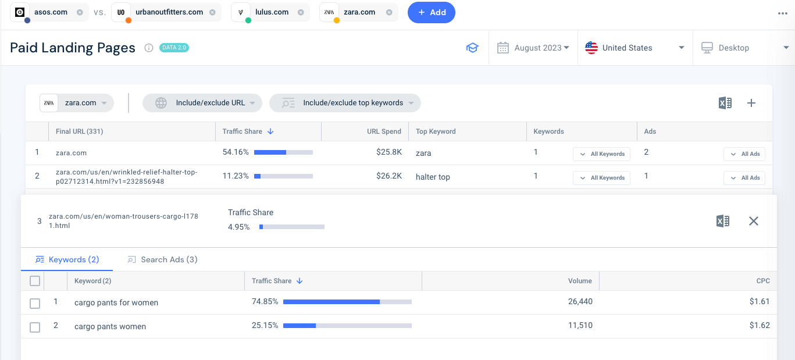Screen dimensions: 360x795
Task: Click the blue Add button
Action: [431, 12]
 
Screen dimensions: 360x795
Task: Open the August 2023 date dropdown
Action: [533, 48]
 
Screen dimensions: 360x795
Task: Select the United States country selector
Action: [634, 48]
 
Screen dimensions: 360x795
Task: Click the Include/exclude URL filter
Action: [202, 103]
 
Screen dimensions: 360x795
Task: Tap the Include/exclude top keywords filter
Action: [345, 103]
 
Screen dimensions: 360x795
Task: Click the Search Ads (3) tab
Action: [163, 259]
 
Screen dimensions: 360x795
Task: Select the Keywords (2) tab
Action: [67, 259]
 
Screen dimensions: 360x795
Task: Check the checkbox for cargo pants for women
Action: [35, 303]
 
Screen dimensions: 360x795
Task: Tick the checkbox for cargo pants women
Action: [35, 327]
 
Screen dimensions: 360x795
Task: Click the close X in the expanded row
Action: [754, 221]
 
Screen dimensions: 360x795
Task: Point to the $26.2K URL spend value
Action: [389, 176]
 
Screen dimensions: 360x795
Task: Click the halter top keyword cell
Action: [433, 177]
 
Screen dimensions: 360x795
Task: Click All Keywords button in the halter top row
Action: [601, 178]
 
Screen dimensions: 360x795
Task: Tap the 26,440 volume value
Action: [580, 302]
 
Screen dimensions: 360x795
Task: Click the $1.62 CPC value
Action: [760, 326]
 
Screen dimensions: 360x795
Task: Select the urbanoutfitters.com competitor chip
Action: [166, 12]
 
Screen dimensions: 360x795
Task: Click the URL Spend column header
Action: [384, 131]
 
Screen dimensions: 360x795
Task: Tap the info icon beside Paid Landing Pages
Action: [148, 48]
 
